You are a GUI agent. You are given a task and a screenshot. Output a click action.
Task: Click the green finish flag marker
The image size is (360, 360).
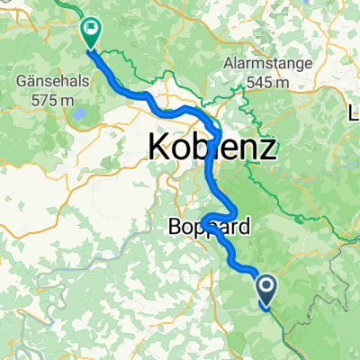coord(91,33)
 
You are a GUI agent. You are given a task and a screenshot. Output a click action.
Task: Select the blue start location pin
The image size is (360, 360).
coord(268,290)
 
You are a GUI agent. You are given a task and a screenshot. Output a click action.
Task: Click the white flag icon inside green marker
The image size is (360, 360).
coord(91,29)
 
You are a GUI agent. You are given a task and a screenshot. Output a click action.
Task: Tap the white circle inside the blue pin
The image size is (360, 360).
coord(268,286)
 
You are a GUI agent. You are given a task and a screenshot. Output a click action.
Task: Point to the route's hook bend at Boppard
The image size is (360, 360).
coord(204,220)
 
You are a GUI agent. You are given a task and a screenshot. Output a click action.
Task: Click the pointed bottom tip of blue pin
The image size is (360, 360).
coord(268,307)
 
